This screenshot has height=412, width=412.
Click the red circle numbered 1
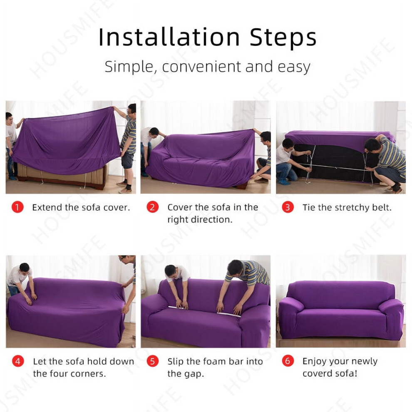coord(17,207)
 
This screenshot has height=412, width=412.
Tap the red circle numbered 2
coord(152,207)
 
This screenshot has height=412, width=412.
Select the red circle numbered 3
coord(288,207)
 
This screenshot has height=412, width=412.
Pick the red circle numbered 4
coord(18,361)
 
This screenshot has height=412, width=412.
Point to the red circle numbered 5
coord(152,361)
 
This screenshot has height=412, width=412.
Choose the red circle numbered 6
coord(288,361)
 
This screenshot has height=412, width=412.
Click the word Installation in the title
coord(169,37)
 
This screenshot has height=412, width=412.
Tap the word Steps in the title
coord(283,38)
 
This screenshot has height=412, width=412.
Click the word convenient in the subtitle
coord(201,67)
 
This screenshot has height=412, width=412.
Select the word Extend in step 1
coord(47,207)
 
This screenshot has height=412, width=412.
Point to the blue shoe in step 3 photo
coord(285,181)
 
